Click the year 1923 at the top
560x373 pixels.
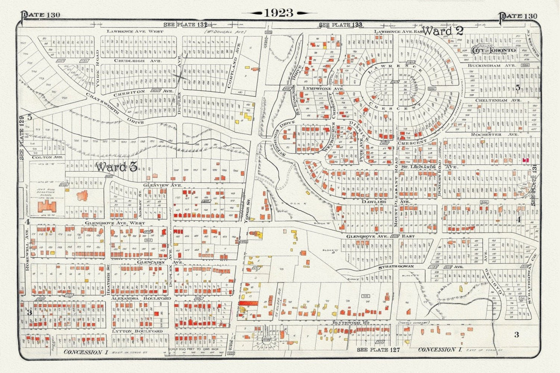coord(279,13)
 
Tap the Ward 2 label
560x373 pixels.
coord(443,31)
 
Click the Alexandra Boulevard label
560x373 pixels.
coord(141,298)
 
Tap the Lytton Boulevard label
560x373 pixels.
coord(137,331)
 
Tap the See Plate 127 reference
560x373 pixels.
coord(378,349)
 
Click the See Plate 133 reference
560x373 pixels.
coord(340,25)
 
